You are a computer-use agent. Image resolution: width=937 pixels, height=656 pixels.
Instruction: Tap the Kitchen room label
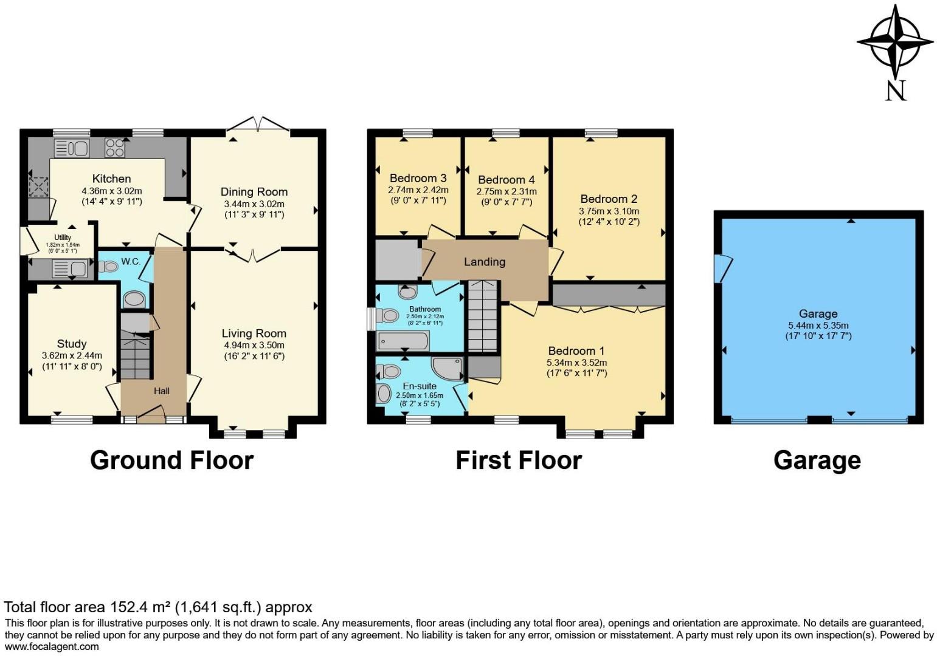[x=111, y=179]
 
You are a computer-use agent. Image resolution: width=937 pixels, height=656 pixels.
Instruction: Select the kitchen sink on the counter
[x=72, y=148]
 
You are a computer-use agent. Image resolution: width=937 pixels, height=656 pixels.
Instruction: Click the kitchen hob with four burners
[x=115, y=148]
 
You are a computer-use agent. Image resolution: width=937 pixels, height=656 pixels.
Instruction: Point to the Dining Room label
[x=254, y=192]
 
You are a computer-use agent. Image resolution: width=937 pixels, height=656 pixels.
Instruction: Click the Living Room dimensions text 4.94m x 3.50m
[x=254, y=345]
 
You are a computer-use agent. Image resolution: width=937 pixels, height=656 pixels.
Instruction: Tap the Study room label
[x=72, y=344]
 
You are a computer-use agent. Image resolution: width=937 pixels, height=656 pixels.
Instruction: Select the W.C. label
[x=131, y=262]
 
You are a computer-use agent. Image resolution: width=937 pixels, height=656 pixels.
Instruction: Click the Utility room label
[x=63, y=237]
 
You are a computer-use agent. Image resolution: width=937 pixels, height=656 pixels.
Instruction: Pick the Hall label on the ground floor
[x=162, y=391]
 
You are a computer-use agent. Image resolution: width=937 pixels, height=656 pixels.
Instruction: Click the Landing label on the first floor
[x=485, y=262]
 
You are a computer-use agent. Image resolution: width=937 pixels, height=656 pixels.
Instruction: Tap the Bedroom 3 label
[x=418, y=178]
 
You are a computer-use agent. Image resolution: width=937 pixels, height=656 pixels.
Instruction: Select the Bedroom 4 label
[x=506, y=180]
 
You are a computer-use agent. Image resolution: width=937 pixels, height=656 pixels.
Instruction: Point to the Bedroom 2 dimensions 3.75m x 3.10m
[x=609, y=211]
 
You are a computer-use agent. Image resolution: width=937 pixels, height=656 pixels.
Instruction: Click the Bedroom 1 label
[x=576, y=350]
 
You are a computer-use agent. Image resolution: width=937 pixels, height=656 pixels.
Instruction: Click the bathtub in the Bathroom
[x=403, y=341]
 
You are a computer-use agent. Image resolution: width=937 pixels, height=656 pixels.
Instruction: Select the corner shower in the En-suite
[x=448, y=368]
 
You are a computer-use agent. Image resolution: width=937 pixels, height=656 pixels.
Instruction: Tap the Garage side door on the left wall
[x=723, y=268]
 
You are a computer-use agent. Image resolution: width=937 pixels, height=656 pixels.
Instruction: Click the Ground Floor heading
[x=171, y=460]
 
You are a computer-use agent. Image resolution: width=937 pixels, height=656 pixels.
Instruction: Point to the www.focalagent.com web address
[x=52, y=647]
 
